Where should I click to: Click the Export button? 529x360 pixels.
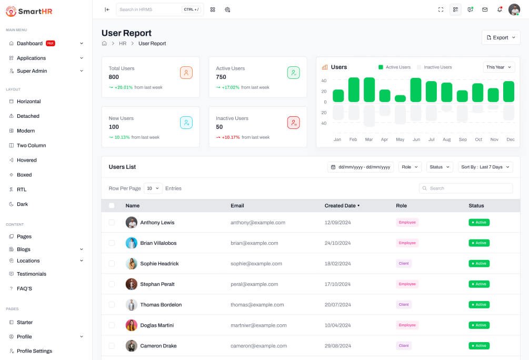pyautogui.click(x=501, y=37)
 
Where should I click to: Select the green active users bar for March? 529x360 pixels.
pyautogui.click(x=369, y=90)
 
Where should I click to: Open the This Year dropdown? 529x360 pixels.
pyautogui.click(x=498, y=67)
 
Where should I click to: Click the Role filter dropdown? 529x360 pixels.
pyautogui.click(x=410, y=167)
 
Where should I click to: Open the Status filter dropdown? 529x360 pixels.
pyautogui.click(x=440, y=167)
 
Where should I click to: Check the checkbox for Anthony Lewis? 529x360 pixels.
pyautogui.click(x=112, y=222)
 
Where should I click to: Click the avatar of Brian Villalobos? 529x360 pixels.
pyautogui.click(x=131, y=243)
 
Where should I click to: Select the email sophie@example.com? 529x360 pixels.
pyautogui.click(x=256, y=264)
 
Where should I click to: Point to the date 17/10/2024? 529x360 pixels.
pyautogui.click(x=337, y=284)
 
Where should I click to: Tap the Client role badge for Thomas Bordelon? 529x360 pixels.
pyautogui.click(x=404, y=305)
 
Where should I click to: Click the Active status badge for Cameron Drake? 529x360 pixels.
pyautogui.click(x=479, y=346)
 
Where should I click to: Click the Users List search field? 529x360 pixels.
pyautogui.click(x=466, y=188)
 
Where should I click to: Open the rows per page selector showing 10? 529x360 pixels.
pyautogui.click(x=153, y=188)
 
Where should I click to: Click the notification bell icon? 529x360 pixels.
pyautogui.click(x=500, y=9)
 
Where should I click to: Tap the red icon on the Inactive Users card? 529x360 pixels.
pyautogui.click(x=294, y=123)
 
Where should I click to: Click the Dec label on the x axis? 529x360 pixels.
pyautogui.click(x=511, y=139)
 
